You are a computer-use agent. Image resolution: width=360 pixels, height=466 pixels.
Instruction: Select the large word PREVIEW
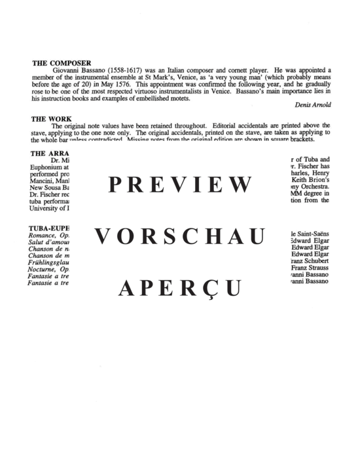(179, 185)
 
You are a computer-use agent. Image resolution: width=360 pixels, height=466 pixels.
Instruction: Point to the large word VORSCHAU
(179, 236)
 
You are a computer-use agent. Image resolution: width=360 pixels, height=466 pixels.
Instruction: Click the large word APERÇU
(179, 287)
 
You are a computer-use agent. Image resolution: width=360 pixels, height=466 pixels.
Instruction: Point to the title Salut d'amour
(51, 242)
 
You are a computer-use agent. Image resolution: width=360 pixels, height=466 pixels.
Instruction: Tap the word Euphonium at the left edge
(47, 168)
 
